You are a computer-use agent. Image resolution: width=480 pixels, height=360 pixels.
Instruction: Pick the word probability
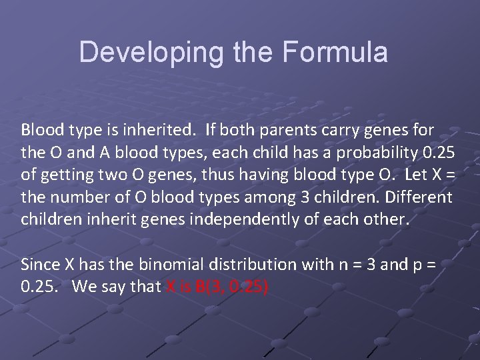click(376, 153)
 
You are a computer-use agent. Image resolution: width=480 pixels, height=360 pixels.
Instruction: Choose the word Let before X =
click(410, 175)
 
